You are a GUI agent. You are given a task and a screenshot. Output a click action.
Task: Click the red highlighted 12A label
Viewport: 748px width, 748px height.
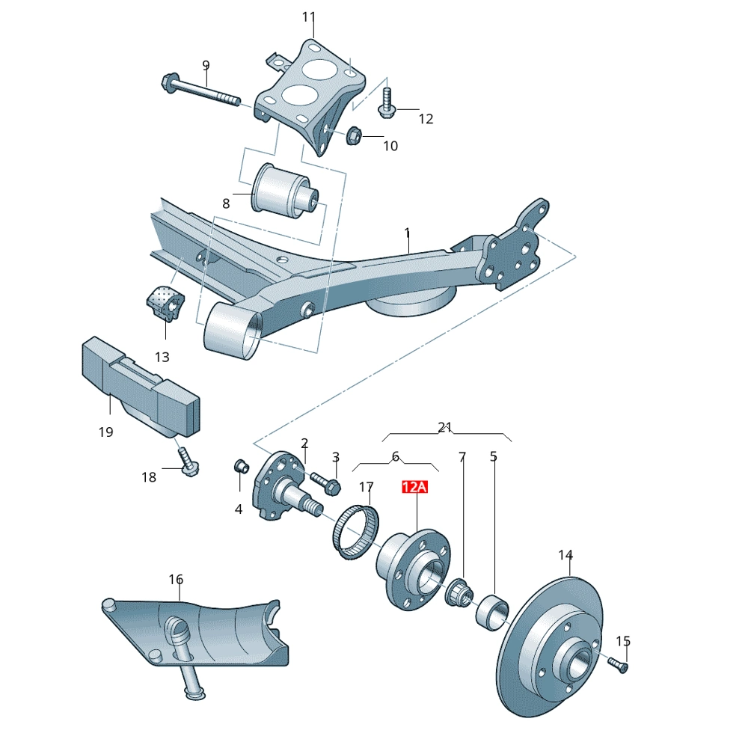coord(414,488)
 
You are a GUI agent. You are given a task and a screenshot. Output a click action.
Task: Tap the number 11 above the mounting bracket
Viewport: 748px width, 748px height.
coord(310,17)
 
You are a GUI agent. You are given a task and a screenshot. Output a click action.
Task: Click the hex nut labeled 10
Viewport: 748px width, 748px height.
coord(355,135)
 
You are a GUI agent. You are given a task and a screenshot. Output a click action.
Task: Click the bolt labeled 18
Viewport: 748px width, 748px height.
coord(187,465)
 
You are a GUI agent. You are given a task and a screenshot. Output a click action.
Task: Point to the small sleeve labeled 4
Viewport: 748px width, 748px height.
coord(242,466)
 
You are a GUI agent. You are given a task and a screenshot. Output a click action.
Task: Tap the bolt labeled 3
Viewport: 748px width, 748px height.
coord(324,481)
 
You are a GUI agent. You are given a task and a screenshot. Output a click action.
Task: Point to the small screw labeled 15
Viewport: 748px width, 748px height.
coord(618,664)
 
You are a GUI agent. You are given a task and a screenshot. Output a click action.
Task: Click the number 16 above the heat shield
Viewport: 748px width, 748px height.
coord(176,580)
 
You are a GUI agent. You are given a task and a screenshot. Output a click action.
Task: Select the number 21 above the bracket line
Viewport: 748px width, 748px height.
coord(446,427)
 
